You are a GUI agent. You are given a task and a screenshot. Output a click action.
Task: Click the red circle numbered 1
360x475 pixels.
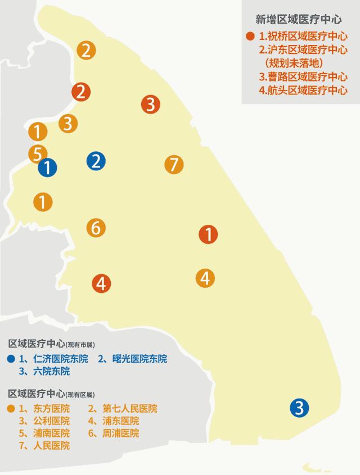click(209, 234)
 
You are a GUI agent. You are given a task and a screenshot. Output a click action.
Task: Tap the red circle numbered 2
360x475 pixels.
click(81, 92)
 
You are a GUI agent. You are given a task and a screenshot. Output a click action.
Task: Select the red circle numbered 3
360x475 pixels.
click(151, 104)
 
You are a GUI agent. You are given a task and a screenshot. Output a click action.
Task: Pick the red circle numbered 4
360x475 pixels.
click(101, 284)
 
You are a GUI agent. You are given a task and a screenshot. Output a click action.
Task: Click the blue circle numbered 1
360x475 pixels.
click(48, 167)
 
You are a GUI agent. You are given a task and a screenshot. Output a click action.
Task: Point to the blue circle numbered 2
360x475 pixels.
click(96, 161)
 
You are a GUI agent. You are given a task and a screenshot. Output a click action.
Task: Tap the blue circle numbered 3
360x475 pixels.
click(299, 408)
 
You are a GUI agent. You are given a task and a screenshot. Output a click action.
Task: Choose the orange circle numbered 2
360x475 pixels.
click(86, 50)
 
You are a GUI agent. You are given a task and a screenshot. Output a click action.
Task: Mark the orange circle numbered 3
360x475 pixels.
click(67, 123)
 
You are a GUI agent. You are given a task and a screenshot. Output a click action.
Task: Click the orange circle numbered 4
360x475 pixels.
click(205, 278)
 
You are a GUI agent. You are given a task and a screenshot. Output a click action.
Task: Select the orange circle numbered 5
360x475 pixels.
click(37, 153)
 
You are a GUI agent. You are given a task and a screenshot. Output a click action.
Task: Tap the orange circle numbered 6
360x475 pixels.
click(96, 228)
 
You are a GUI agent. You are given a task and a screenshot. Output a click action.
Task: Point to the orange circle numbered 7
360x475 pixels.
click(174, 165)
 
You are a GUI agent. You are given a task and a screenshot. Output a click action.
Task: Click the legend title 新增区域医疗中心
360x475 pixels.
click(299, 19)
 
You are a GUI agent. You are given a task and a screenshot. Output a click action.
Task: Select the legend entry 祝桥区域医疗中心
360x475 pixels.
click(303, 37)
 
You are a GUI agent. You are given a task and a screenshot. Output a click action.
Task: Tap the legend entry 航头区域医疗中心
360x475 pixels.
click(303, 90)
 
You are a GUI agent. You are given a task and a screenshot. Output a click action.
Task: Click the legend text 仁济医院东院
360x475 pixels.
click(61, 359)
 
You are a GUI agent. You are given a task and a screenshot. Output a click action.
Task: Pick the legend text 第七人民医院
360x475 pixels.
click(130, 409)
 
